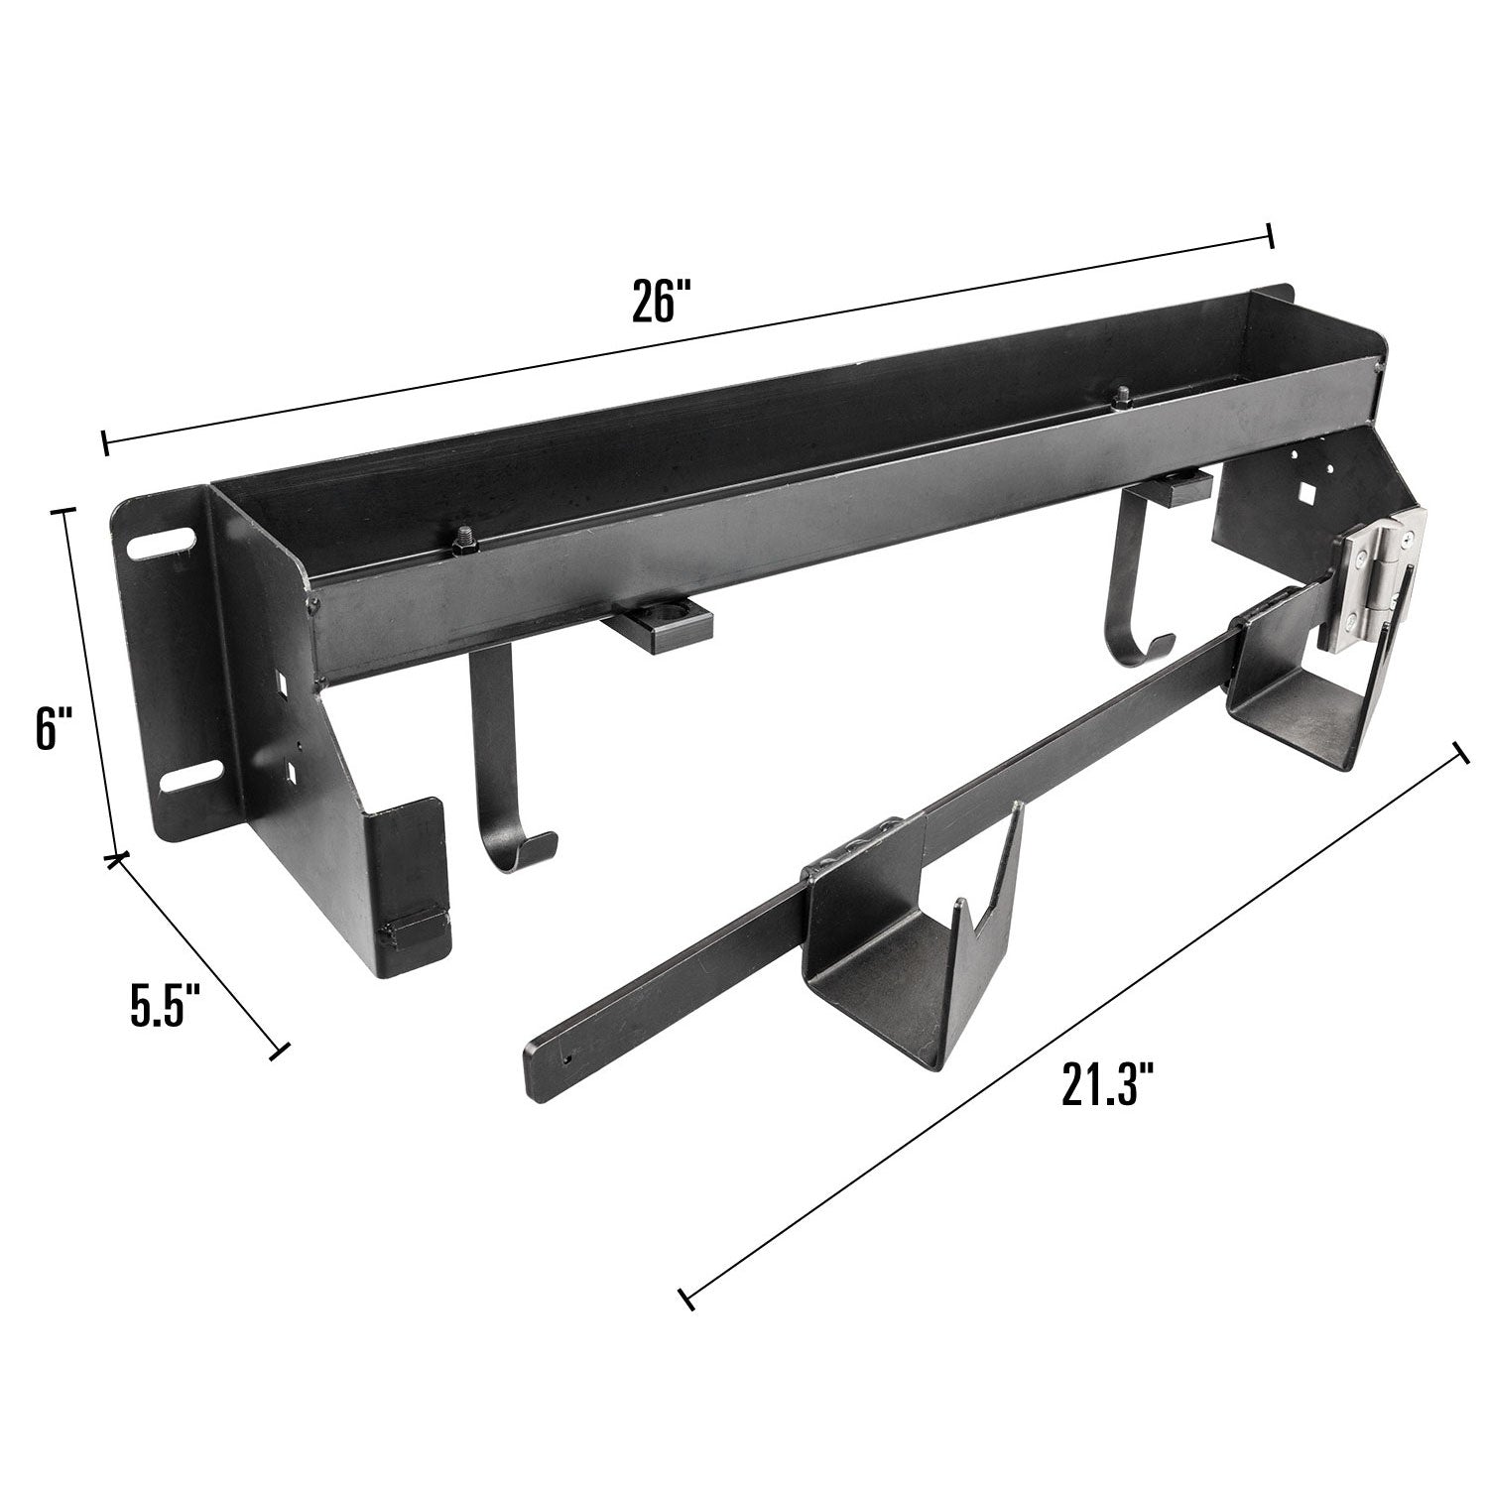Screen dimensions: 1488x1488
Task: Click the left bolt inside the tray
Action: coord(465,540)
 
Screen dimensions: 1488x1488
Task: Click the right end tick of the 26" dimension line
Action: coord(1270,237)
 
